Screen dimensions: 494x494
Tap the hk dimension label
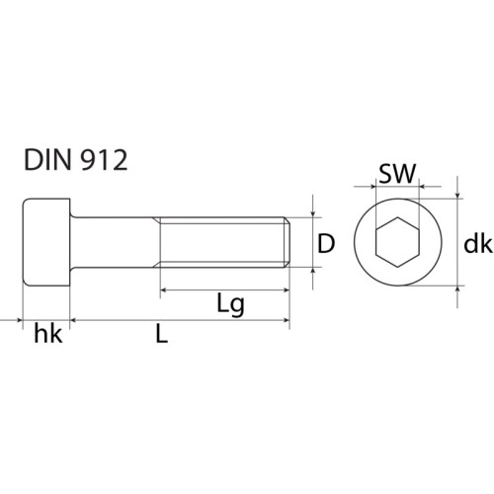47,335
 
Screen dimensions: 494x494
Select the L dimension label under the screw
161,335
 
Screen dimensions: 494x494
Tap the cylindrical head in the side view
47,242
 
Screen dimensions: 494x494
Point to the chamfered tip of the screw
286,242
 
